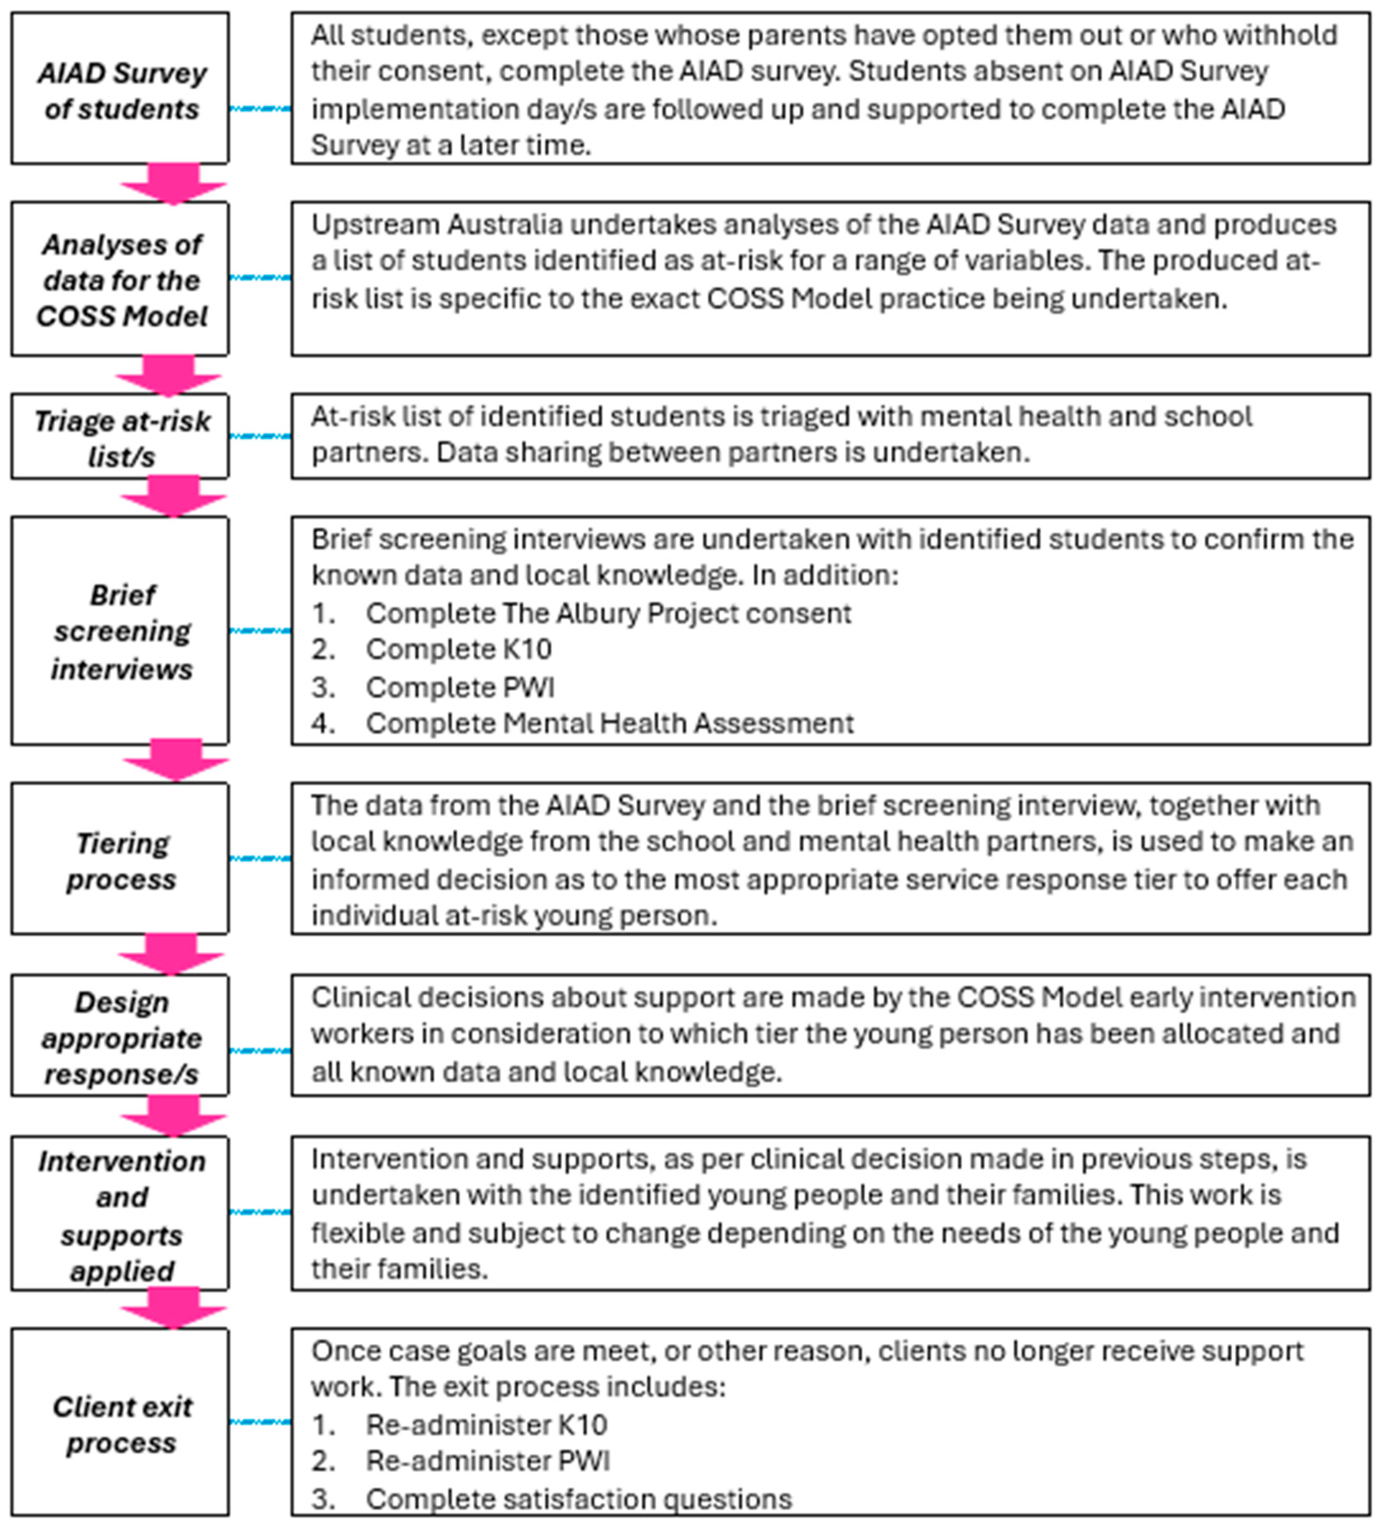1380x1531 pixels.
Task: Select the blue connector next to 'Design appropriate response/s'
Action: tap(260, 1051)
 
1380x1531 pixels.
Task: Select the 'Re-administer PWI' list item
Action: tap(488, 1461)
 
